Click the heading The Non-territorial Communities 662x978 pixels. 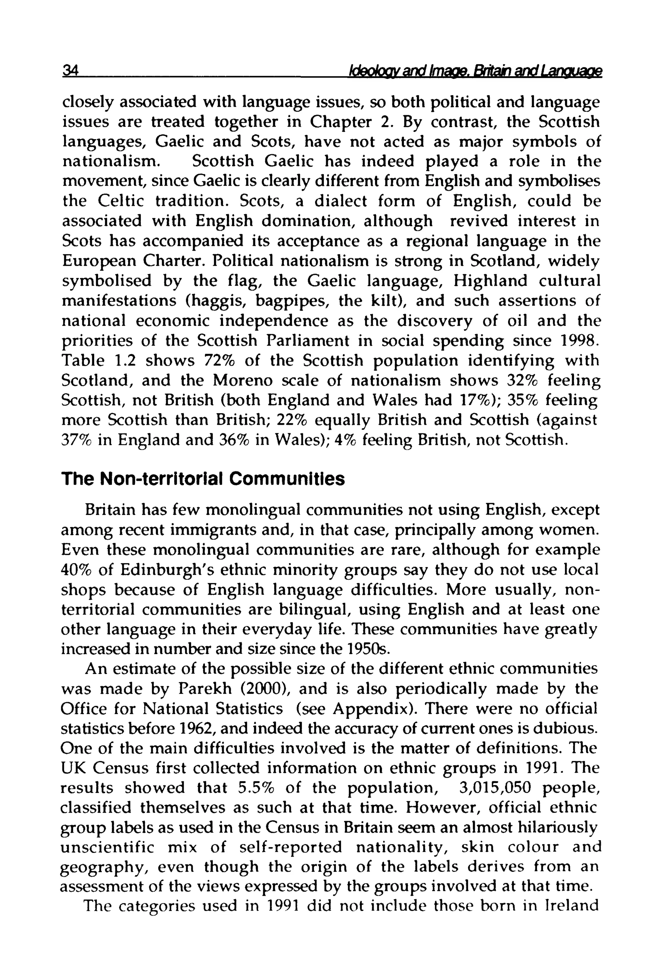[203, 479]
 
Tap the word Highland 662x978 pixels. [490, 281]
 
